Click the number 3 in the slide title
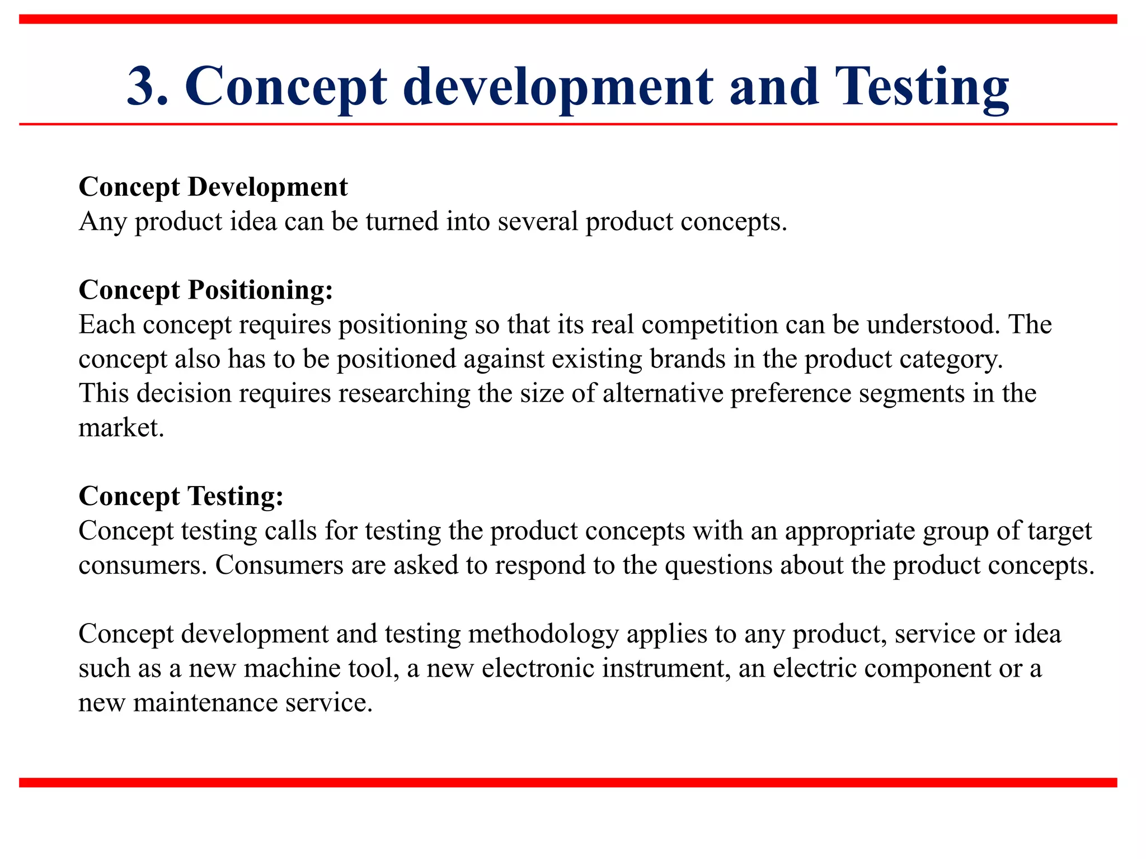click(147, 87)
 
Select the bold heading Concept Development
click(213, 187)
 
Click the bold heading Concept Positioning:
click(206, 290)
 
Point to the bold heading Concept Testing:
click(181, 496)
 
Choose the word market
click(121, 428)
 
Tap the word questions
click(718, 565)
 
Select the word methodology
click(543, 634)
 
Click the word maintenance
click(205, 703)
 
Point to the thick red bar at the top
click(568, 19)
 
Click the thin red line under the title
click(568, 124)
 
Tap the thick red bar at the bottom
click(568, 782)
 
